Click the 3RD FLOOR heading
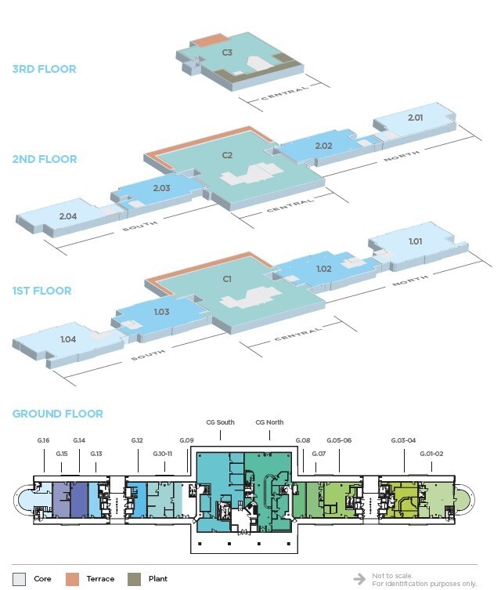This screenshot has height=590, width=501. point(44,69)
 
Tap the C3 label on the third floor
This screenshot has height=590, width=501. point(227,52)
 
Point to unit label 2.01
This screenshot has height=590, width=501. point(415,118)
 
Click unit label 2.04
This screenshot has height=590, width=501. point(68,215)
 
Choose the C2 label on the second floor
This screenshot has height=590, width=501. point(227,154)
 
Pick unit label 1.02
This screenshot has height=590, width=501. point(324,269)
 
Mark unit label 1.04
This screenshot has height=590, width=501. point(68,339)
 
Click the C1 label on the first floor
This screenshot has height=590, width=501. point(227,278)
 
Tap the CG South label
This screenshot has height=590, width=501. point(220,423)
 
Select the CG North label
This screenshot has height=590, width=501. point(269,423)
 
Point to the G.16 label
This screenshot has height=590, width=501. point(43,441)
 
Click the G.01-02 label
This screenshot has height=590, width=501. point(431,454)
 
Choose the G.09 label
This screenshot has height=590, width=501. point(186,441)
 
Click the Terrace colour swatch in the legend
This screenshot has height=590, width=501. point(72,579)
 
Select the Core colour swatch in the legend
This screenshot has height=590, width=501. point(19,579)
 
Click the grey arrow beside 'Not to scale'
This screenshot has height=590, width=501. point(359,579)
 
